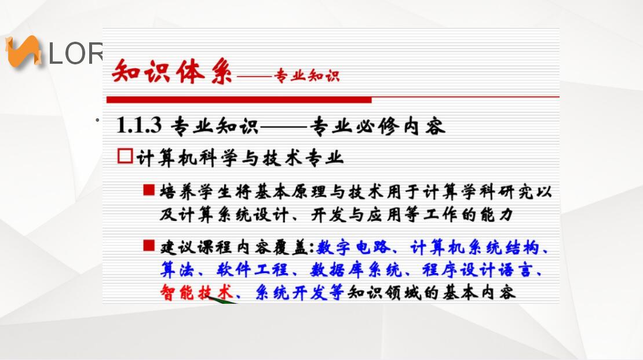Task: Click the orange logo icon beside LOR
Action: (23, 52)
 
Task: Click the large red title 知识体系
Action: (172, 71)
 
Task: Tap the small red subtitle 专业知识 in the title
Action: (307, 75)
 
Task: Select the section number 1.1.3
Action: (139, 125)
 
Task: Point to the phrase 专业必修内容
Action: (377, 126)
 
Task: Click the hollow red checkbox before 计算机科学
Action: (125, 156)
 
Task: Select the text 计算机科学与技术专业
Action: (240, 158)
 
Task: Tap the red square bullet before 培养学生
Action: (149, 190)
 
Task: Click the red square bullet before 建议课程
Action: (149, 245)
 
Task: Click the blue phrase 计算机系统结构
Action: (474, 248)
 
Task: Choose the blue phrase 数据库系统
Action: (356, 270)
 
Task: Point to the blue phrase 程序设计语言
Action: (477, 270)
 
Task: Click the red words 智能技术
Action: (196, 292)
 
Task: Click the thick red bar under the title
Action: (239, 100)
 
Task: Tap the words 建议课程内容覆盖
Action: (234, 248)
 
